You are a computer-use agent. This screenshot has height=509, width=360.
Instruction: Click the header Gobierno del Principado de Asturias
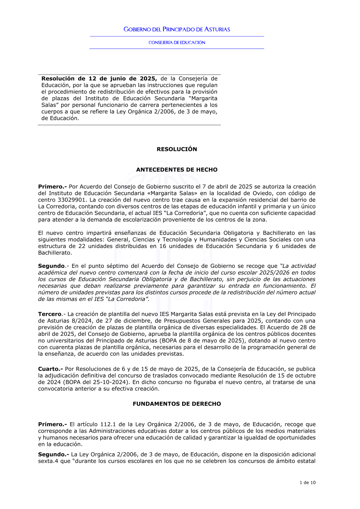tap(177, 29)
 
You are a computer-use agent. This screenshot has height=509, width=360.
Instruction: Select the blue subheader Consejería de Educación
tap(177, 42)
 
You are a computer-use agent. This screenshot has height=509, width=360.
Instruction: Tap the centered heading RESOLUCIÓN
tap(177, 149)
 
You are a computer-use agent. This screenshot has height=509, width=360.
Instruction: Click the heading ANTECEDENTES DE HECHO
tap(177, 170)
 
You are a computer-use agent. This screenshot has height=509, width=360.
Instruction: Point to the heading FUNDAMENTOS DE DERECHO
tap(177, 404)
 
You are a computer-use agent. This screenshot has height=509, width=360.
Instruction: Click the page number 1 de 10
tap(307, 483)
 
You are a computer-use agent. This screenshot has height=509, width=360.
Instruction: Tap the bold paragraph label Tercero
tap(50, 314)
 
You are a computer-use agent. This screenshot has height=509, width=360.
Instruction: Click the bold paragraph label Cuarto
tap(50, 369)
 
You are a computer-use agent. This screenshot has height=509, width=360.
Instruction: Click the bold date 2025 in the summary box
tap(148, 78)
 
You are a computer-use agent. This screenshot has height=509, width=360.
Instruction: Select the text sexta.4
tap(48, 461)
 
